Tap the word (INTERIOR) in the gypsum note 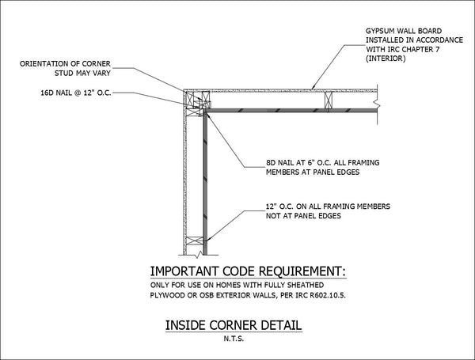pos(386,59)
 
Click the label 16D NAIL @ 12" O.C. pos(76,93)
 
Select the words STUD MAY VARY pos(82,74)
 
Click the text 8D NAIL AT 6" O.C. pos(300,162)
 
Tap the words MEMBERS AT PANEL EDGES pos(313,172)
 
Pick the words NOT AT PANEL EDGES pos(303,216)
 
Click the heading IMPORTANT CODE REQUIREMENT pos(248,271)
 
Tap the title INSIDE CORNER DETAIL pos(234,325)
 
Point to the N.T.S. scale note pos(234,339)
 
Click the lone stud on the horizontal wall pos(329,100)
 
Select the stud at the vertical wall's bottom pos(195,241)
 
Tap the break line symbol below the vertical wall pos(199,254)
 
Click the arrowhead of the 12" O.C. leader pos(207,240)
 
